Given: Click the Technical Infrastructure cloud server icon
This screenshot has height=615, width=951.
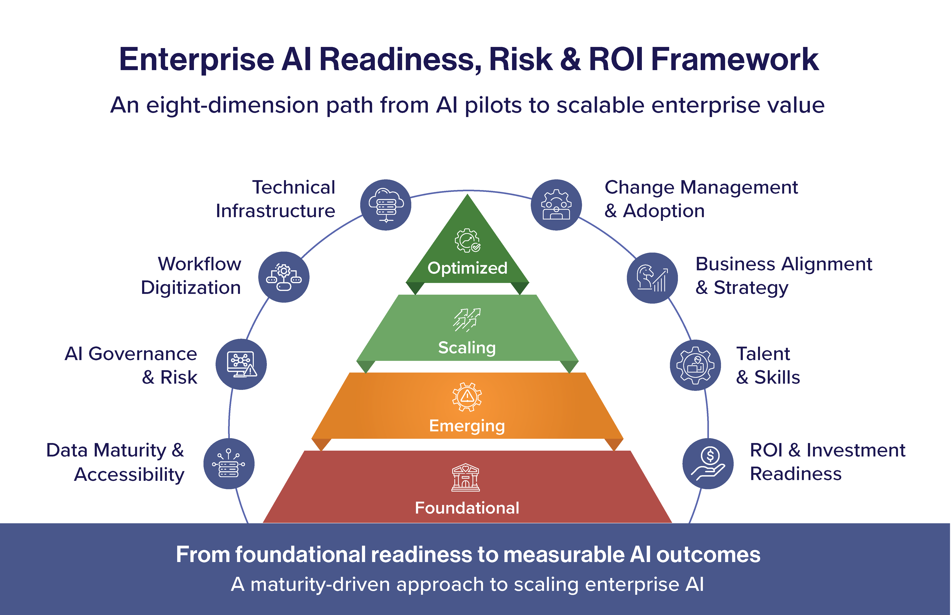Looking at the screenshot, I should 386,205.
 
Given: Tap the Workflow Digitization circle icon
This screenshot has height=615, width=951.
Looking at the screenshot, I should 284,277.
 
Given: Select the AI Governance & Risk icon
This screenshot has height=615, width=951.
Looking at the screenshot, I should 241,364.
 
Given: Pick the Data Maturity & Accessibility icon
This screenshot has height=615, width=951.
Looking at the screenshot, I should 229,464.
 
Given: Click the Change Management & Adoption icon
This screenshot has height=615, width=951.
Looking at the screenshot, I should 556,205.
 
